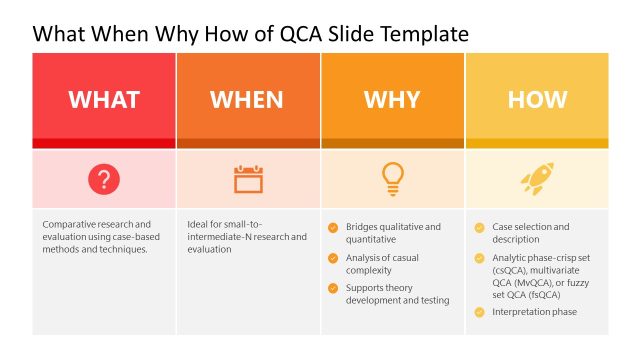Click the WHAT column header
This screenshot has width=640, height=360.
coord(104,100)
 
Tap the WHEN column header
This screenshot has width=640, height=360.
coord(247,100)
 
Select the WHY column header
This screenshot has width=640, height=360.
coord(392,100)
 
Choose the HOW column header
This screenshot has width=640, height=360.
coord(537,100)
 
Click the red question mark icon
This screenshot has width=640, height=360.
coord(104,180)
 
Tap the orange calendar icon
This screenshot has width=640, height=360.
coord(248,180)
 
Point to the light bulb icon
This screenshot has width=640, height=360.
coord(392,179)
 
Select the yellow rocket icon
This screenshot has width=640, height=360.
coord(536,180)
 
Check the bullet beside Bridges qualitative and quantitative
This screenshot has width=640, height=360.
coord(333,227)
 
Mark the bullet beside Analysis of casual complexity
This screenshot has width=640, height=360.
coord(333,258)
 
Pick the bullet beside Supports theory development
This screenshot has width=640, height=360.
coord(333,288)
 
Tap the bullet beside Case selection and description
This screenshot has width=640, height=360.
coord(479,227)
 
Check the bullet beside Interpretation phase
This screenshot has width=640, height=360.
coord(479,312)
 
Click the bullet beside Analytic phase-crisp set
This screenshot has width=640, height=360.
coord(479,257)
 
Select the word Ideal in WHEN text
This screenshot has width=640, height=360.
coord(198,225)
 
